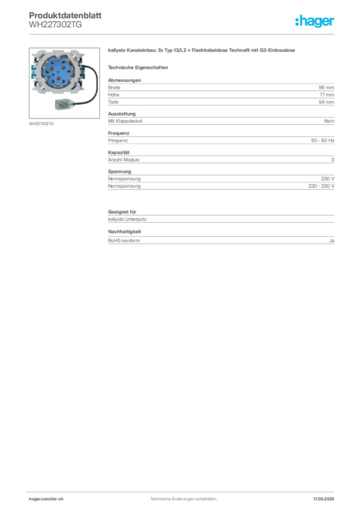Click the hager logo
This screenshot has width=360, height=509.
(315, 21)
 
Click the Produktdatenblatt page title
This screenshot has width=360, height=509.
(65, 15)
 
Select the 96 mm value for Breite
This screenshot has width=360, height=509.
(326, 87)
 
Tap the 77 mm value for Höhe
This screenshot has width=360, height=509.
(327, 95)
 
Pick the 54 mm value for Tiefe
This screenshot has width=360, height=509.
(326, 102)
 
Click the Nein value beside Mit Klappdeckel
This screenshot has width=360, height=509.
(329, 121)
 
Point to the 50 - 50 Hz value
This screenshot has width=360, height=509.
(322, 140)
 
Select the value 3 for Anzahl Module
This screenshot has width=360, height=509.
(333, 160)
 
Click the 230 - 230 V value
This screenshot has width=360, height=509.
(321, 186)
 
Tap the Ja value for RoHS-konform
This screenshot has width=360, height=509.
(332, 241)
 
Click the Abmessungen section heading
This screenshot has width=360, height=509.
(124, 80)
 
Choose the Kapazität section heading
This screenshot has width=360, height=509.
(119, 152)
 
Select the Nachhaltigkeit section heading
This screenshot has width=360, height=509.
(124, 232)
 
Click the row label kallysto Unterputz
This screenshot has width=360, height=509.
(127, 219)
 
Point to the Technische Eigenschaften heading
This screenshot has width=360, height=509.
(138, 68)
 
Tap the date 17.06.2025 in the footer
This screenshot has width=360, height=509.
(323, 499)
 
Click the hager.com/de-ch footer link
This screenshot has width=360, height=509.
(46, 499)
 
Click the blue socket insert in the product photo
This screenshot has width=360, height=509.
(58, 72)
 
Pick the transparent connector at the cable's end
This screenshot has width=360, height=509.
(65, 104)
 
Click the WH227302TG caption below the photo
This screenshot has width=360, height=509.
(41, 124)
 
